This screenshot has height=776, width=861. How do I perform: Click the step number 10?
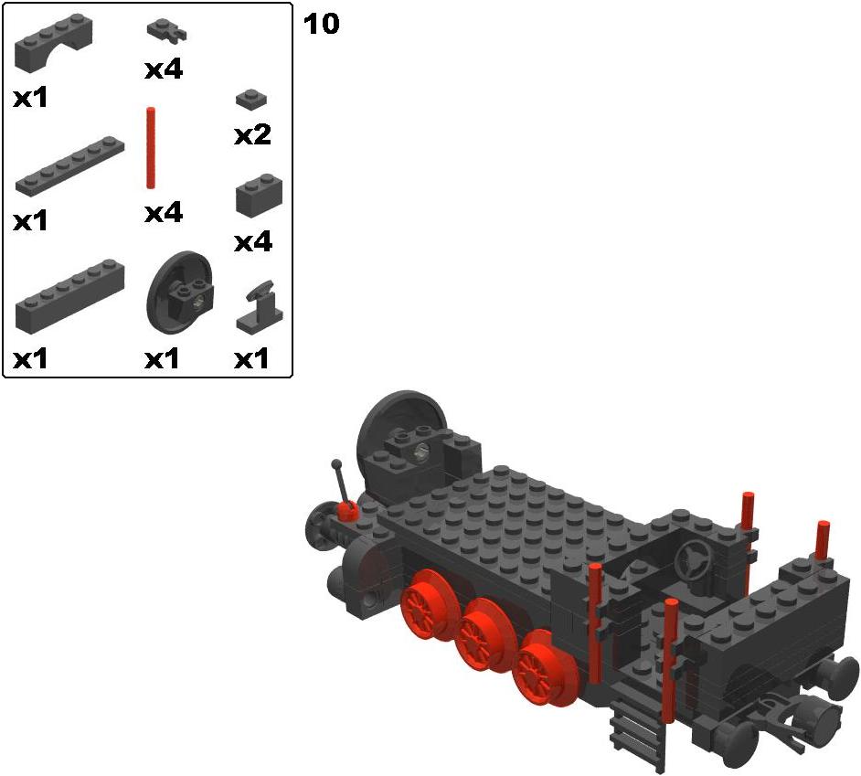(321, 24)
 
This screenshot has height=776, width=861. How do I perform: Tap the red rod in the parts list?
(151, 148)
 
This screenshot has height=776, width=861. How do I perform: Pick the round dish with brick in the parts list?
(180, 291)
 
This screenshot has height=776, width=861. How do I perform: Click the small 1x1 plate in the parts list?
(251, 99)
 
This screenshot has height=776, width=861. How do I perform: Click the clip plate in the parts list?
(166, 30)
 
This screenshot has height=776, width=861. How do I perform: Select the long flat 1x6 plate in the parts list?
(69, 165)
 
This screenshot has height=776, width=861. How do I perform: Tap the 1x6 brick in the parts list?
(69, 295)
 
